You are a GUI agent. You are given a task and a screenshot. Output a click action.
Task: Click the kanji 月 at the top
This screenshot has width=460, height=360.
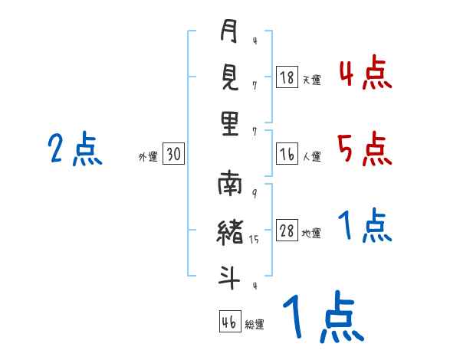(228, 31)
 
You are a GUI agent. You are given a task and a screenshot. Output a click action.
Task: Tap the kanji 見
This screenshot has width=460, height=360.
(230, 77)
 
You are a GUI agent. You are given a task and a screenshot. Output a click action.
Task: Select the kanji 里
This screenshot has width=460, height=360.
(230, 123)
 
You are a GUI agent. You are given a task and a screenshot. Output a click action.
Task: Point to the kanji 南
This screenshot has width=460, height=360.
(230, 183)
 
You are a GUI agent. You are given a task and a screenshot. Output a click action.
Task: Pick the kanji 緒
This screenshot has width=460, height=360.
(230, 232)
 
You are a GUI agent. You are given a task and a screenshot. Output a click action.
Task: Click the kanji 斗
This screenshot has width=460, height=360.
(229, 277)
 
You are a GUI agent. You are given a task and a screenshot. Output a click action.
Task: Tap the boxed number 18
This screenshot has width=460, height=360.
(287, 77)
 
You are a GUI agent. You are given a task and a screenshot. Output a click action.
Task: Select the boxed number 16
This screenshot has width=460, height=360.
(287, 154)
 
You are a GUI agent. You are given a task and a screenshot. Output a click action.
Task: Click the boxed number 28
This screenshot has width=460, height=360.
(287, 230)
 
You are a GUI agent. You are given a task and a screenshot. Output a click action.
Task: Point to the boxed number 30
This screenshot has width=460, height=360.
(173, 154)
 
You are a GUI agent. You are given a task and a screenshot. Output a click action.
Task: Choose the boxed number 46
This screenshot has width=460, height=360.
(230, 322)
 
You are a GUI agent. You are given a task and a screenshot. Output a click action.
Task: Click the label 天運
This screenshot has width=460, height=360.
(312, 80)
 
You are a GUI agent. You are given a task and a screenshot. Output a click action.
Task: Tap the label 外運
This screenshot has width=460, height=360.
(148, 156)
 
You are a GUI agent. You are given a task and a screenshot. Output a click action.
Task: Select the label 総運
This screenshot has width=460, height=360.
(255, 325)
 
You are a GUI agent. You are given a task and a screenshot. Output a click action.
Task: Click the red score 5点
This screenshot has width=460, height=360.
(365, 149)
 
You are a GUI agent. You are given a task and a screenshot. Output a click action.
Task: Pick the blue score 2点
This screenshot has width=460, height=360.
(75, 149)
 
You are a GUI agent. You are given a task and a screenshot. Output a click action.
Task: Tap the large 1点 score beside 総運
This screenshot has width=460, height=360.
(324, 316)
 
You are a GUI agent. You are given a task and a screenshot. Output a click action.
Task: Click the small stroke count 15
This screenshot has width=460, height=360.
(254, 240)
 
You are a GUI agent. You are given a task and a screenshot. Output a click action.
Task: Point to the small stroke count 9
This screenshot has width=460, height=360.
(255, 194)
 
